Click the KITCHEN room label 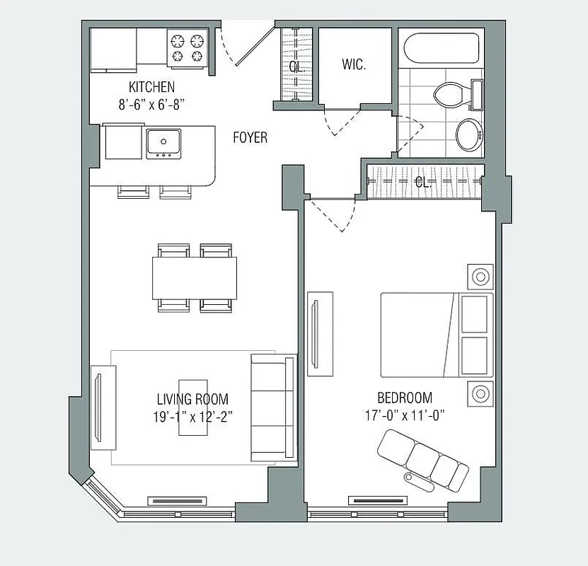pyautogui.click(x=151, y=87)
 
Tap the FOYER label pyautogui.click(x=250, y=137)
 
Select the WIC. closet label pyautogui.click(x=354, y=64)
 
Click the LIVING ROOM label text pyautogui.click(x=192, y=399)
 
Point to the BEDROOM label pyautogui.click(x=405, y=398)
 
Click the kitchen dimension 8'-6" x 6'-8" pyautogui.click(x=151, y=103)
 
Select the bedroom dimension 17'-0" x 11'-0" pyautogui.click(x=405, y=415)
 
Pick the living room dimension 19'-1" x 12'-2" pyautogui.click(x=192, y=416)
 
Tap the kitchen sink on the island pyautogui.click(x=163, y=144)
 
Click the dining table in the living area pyautogui.click(x=195, y=277)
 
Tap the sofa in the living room pyautogui.click(x=274, y=407)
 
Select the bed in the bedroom pyautogui.click(x=435, y=335)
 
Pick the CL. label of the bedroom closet pyautogui.click(x=423, y=182)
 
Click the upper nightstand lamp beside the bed pyautogui.click(x=480, y=276)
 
